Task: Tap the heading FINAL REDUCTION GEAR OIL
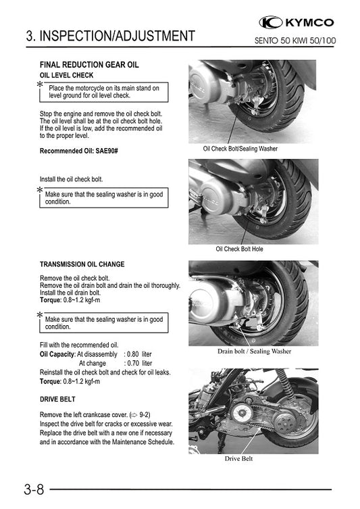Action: pos(89,65)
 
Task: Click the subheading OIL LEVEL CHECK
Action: pos(67,75)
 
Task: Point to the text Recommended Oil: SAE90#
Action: pos(84,151)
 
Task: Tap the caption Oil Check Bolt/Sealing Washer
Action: pos(240,148)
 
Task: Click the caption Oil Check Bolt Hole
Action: pos(239,249)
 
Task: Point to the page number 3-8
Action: pos(22,489)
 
